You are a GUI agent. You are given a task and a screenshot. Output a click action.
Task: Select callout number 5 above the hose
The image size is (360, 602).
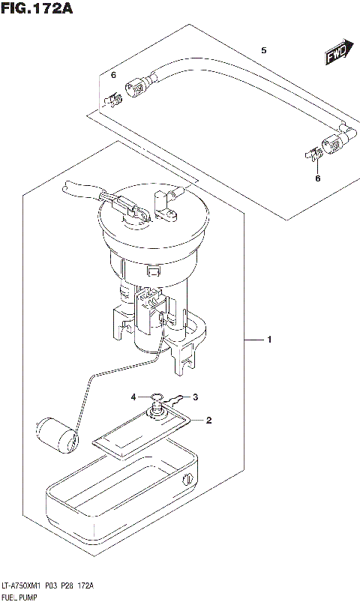click(263, 50)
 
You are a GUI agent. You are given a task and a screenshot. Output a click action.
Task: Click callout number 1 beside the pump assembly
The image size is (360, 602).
click(268, 341)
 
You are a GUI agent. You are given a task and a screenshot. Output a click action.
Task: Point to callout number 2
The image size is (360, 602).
click(209, 420)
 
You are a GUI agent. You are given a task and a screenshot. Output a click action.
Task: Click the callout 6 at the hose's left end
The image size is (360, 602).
click(114, 76)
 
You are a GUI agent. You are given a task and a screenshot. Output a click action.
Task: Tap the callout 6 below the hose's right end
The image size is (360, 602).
click(316, 178)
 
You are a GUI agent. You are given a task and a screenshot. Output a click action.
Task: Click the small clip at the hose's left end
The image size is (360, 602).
click(113, 97)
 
